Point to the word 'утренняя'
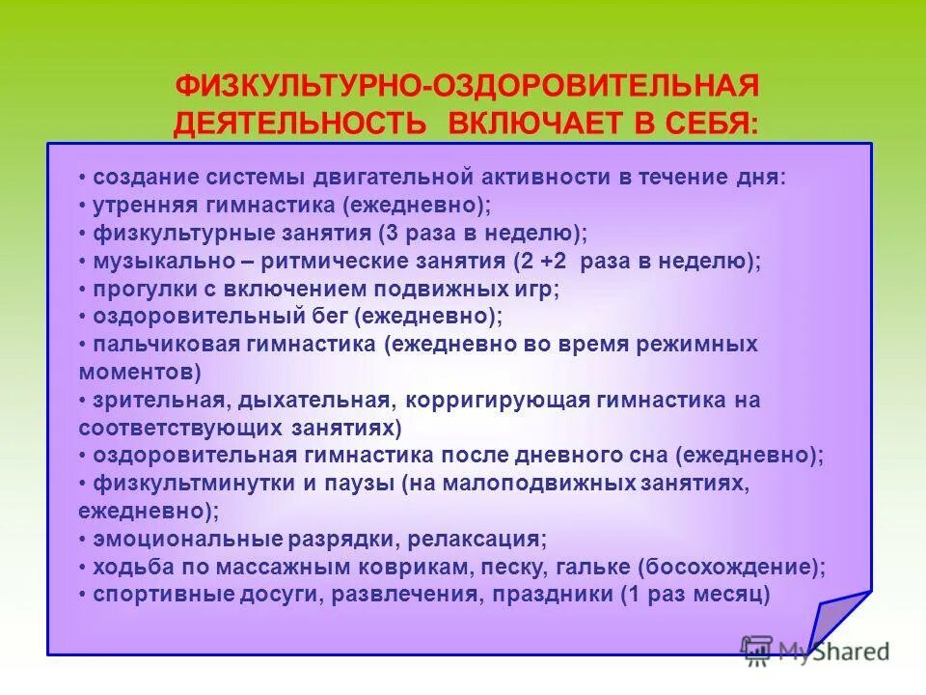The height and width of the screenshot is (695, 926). tap(144, 206)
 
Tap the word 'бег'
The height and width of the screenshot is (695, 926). tap(330, 316)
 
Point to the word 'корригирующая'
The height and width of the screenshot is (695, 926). tap(509, 400)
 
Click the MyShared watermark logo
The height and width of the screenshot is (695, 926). tap(815, 651)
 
